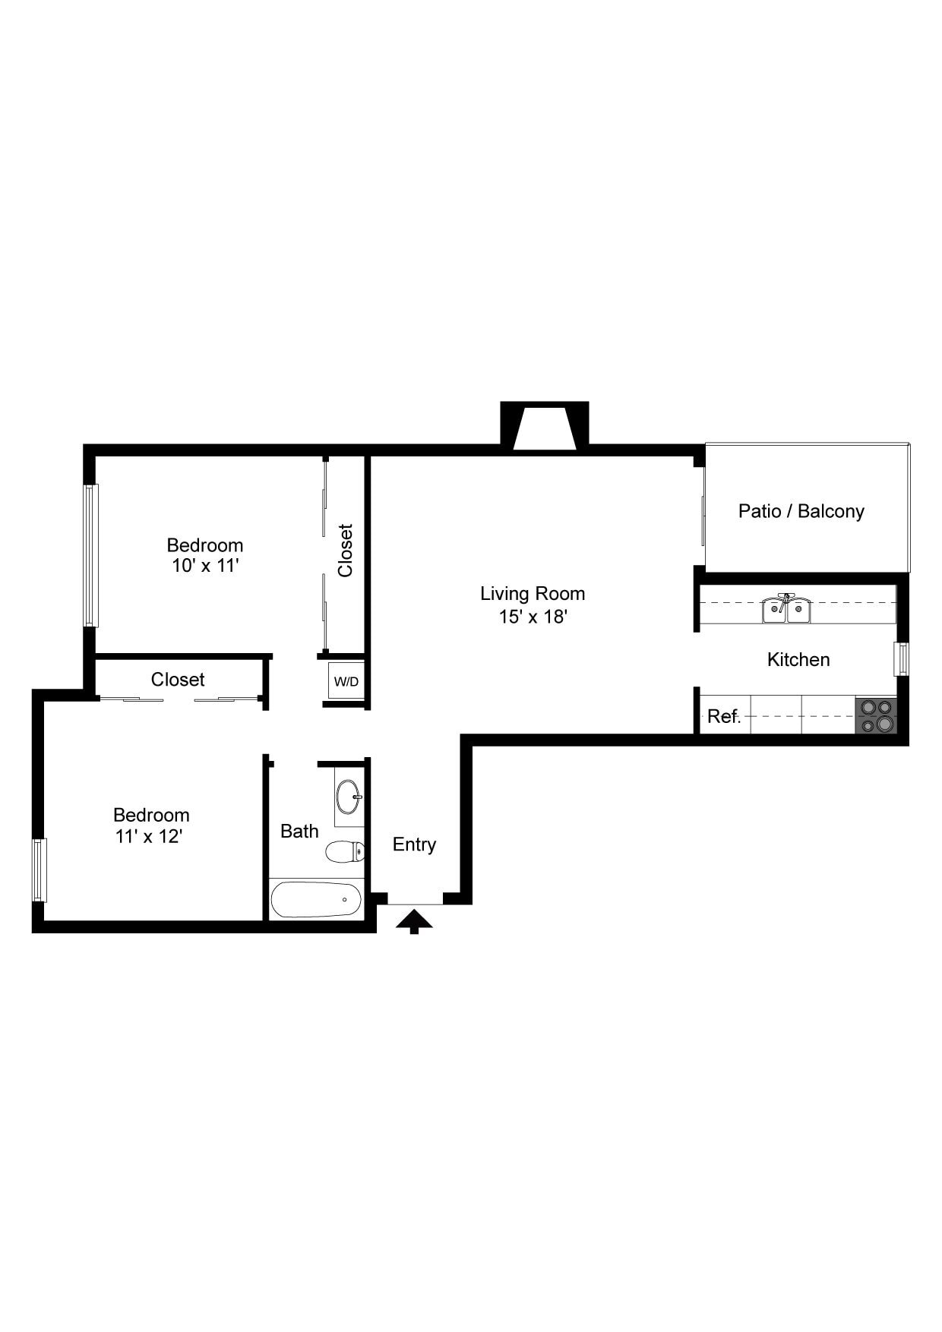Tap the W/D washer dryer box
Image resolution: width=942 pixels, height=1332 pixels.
[346, 681]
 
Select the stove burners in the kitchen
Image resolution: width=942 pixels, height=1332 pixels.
[877, 715]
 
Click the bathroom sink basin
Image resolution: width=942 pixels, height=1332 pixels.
[349, 796]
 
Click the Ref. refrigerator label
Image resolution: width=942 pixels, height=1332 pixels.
[723, 716]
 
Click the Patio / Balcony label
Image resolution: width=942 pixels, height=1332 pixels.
[801, 511]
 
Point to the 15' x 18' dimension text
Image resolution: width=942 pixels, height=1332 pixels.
[533, 616]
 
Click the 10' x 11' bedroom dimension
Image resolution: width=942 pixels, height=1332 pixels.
[205, 566]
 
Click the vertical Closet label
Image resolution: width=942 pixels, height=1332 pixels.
[346, 551]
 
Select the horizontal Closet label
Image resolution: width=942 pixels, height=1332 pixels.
[178, 679]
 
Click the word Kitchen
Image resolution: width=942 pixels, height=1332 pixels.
[798, 659]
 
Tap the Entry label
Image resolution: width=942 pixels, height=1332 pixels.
[414, 844]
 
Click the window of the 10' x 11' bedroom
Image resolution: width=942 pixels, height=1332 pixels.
[90, 555]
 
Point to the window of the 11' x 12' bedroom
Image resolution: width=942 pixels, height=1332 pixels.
[40, 870]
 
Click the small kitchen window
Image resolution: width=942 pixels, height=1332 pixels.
[901, 659]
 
